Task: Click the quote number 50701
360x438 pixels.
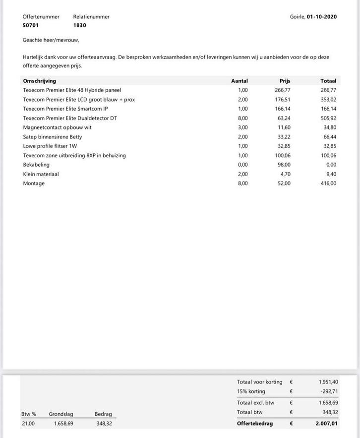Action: click(31, 25)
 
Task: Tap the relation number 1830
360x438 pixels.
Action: click(79, 25)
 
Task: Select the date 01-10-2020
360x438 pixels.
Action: click(321, 17)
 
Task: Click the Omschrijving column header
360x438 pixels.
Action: click(39, 81)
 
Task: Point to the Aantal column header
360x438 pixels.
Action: click(239, 81)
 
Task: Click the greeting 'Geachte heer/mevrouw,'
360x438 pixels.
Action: click(51, 40)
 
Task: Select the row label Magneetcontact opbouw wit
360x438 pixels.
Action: click(57, 127)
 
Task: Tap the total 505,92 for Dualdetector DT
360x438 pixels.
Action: click(328, 118)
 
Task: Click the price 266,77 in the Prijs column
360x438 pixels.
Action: click(282, 90)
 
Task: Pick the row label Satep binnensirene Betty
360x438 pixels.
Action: click(52, 137)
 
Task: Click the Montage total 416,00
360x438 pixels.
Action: click(328, 184)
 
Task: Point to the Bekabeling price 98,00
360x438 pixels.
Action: click(284, 165)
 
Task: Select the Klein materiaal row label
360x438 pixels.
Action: click(41, 174)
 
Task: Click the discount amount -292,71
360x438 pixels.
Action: click(328, 391)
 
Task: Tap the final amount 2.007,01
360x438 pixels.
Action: click(327, 424)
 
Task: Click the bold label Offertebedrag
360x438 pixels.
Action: click(255, 424)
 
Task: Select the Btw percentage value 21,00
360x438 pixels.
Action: click(28, 424)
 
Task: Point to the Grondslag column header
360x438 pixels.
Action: click(61, 414)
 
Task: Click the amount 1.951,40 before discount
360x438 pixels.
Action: click(328, 382)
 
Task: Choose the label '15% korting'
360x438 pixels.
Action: click(251, 391)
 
